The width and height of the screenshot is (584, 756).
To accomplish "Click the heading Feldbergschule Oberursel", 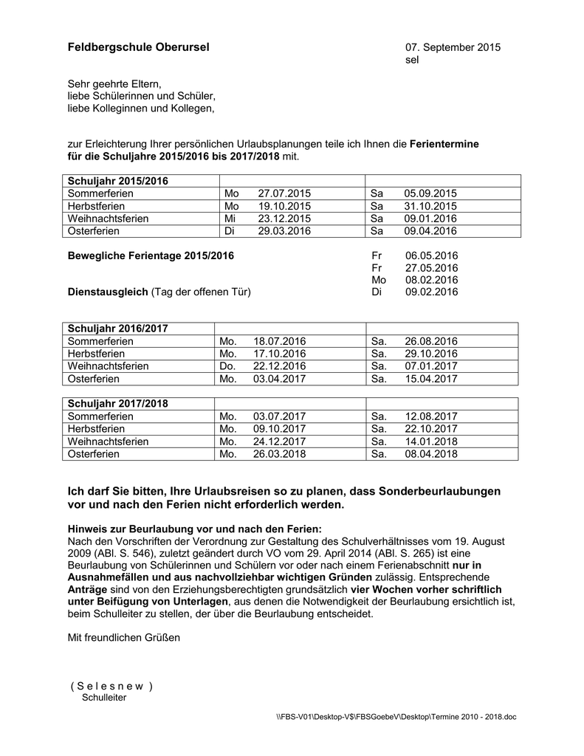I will (138, 47).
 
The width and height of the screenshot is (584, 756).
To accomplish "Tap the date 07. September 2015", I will (453, 47).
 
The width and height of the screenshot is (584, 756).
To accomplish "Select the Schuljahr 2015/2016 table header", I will (118, 181).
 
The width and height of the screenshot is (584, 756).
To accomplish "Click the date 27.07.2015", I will (284, 193).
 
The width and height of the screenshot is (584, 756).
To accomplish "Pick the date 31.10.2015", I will (430, 206).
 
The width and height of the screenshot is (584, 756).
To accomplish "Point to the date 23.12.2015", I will (284, 219).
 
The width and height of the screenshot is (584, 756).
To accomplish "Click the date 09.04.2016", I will (430, 231).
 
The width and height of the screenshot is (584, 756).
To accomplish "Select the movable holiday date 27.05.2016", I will (432, 268).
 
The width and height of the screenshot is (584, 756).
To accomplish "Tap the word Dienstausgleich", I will (108, 292).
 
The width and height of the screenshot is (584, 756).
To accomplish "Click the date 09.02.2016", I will (432, 292).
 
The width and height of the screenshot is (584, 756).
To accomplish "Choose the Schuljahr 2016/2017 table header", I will (118, 329).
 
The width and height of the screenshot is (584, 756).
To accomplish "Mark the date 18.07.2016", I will (279, 341).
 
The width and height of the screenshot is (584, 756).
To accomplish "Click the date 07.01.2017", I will (431, 366).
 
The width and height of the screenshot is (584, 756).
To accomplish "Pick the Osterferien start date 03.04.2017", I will (279, 379).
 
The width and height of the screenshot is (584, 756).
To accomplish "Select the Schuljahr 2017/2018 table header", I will (118, 404).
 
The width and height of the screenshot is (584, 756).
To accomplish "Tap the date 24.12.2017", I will (279, 441).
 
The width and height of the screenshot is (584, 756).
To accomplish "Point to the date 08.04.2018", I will (431, 454).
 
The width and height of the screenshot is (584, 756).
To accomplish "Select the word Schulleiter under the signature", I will (104, 698).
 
